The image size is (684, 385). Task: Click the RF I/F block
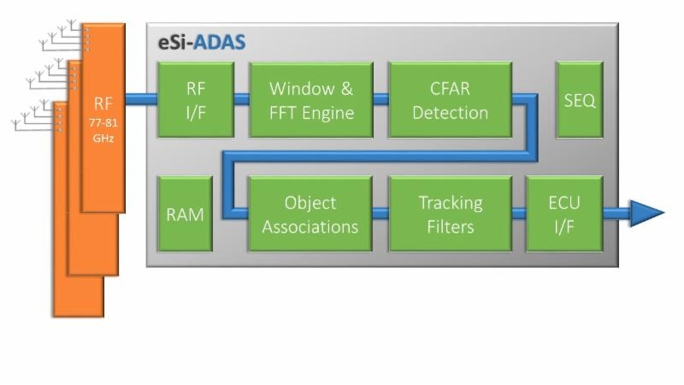click(196, 99)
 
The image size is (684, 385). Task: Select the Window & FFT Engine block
click(311, 99)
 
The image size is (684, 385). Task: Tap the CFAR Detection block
click(450, 99)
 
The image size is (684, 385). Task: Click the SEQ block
click(579, 99)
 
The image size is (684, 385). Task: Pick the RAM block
click(185, 214)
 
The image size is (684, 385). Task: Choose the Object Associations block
click(310, 214)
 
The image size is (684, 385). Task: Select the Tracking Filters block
click(450, 214)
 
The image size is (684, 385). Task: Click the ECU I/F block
click(563, 214)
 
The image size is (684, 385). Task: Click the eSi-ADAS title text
click(202, 43)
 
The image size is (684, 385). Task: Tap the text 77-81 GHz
click(103, 131)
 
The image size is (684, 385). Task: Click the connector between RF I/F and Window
click(241, 98)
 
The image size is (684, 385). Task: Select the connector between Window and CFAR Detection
click(380, 98)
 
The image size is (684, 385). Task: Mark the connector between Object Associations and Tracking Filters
click(380, 213)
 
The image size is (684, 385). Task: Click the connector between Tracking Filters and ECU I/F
click(519, 213)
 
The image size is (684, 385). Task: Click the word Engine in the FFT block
click(328, 112)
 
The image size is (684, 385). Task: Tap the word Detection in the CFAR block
click(450, 112)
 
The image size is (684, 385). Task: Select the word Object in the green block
click(310, 203)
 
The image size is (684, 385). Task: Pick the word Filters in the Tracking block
click(450, 227)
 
